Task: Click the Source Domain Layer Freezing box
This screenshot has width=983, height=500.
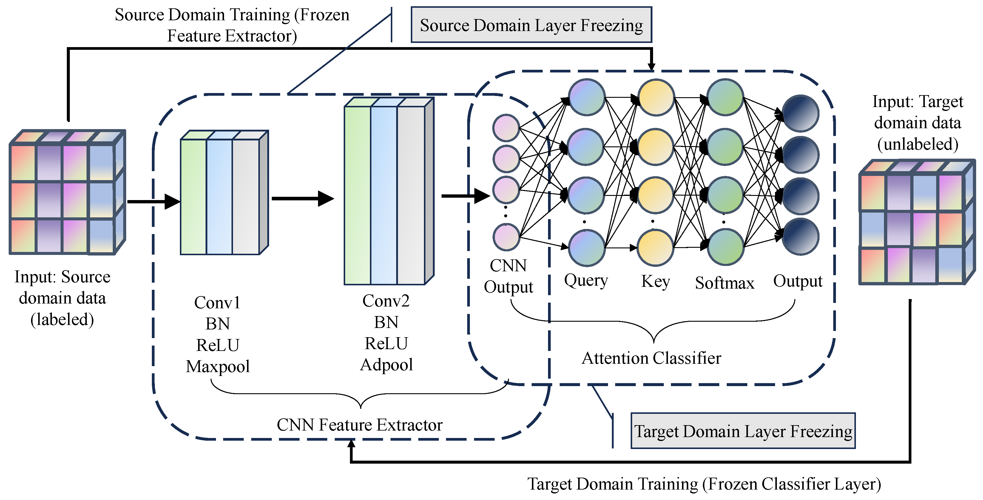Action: (x=531, y=25)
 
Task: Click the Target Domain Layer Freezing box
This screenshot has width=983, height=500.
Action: (x=743, y=431)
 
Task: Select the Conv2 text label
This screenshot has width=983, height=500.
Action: (x=386, y=301)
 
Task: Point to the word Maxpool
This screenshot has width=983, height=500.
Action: (x=218, y=366)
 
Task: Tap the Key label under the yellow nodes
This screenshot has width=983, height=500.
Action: (x=656, y=281)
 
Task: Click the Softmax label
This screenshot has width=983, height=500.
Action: (x=725, y=283)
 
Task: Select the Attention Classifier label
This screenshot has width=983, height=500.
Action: (x=651, y=358)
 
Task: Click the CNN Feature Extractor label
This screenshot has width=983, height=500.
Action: (x=359, y=425)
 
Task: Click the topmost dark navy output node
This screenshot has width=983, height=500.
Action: (x=800, y=113)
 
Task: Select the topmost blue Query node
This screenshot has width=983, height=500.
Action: (x=587, y=97)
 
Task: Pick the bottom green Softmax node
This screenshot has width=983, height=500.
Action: (x=725, y=247)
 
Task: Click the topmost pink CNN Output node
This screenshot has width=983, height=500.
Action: (x=506, y=128)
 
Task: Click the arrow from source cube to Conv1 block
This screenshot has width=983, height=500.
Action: (x=154, y=201)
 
